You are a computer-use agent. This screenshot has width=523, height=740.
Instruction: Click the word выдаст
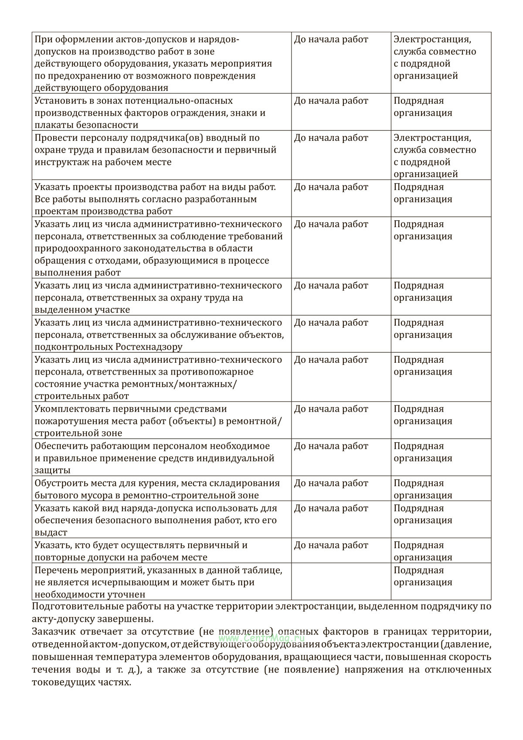[x=51, y=533]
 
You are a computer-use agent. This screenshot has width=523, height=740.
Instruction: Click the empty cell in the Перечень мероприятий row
[x=341, y=582]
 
